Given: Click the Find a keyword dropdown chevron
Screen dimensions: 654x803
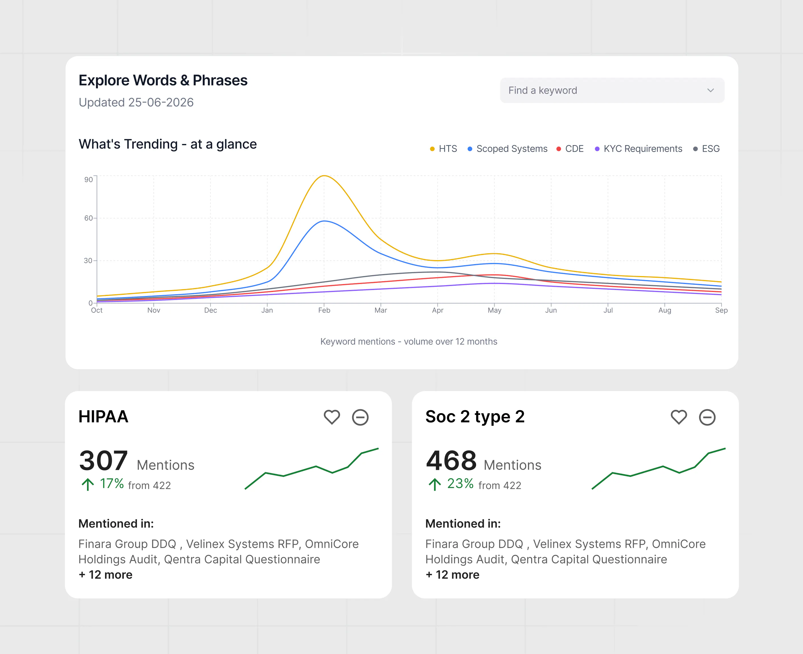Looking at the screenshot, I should pos(710,91).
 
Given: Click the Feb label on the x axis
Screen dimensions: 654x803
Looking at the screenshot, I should pos(324,310).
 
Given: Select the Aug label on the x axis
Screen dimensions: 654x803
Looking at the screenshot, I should pos(665,310).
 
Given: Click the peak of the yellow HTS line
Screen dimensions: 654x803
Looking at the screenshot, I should pos(324,176).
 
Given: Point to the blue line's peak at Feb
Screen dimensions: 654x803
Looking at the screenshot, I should pos(324,221).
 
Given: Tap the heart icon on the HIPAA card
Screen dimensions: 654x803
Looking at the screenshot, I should pos(332,417).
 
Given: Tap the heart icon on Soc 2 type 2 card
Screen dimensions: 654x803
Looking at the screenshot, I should pos(679,417).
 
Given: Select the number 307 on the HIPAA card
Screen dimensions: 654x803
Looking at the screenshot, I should pos(103,461).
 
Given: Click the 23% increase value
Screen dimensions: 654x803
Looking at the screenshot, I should pos(460,484).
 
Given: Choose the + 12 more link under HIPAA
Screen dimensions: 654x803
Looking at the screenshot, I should pos(106,575).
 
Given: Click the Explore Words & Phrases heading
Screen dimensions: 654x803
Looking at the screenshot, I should pos(163,80).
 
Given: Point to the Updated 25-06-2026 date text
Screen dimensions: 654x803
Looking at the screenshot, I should pos(136,102).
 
